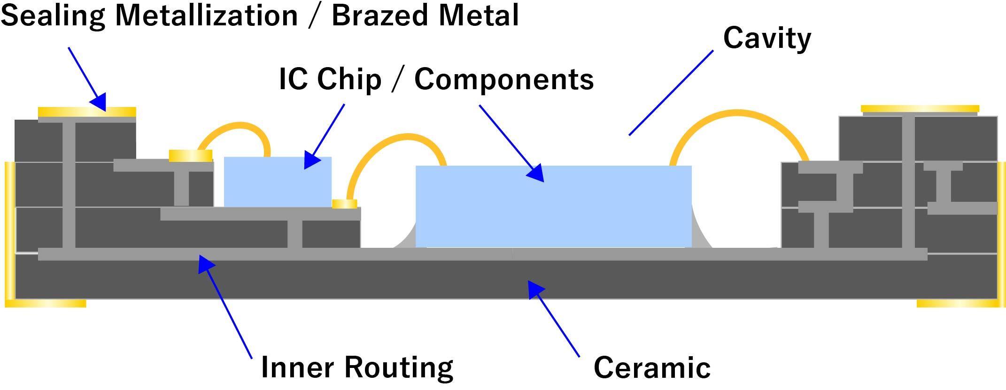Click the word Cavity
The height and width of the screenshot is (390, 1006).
pos(767,38)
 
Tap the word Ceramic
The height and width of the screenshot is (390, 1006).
pos(652,367)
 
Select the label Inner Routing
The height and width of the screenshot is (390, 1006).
pos(357,367)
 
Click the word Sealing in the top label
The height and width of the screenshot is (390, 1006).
pos(53,15)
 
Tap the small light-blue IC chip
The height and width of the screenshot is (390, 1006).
pos(278,182)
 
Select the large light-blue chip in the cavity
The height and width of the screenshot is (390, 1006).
pos(553,206)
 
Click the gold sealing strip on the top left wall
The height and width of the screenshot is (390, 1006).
pos(87,112)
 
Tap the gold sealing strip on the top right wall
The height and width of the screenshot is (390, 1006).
pos(920,109)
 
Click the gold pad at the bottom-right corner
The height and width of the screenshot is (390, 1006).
pos(958,303)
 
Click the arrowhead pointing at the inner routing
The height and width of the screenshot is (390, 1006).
pos(205,262)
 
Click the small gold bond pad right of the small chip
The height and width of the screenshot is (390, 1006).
pos(344,204)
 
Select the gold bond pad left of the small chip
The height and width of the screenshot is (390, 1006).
pos(190,155)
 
